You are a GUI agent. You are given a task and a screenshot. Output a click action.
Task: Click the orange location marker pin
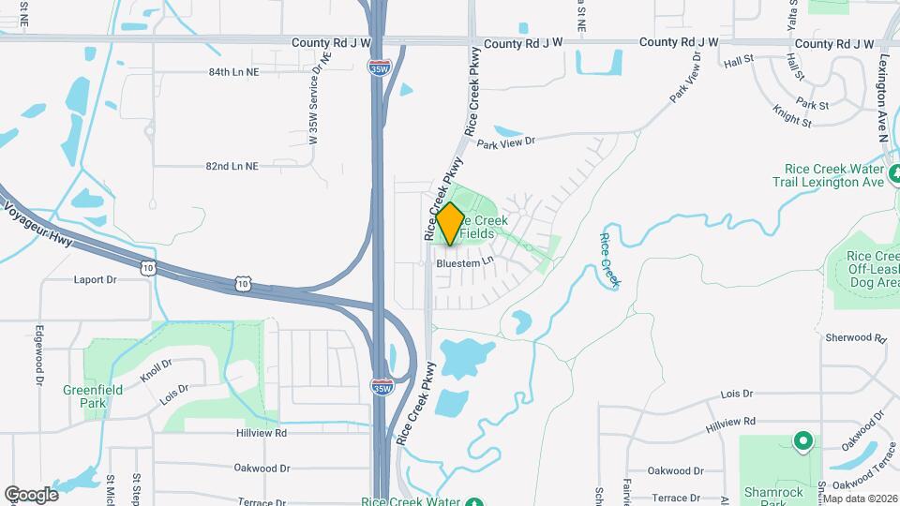click(x=450, y=225)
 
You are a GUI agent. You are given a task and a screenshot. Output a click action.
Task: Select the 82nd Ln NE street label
click(x=232, y=166)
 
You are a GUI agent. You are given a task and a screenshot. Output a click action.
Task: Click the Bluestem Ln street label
click(x=465, y=263)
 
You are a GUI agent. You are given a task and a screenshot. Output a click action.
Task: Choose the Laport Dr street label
click(x=95, y=279)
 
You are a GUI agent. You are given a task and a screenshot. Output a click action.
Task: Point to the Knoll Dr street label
click(x=156, y=370)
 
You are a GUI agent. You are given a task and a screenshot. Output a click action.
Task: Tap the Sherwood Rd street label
click(x=855, y=337)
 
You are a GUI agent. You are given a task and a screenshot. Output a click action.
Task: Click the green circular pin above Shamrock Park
click(x=802, y=439)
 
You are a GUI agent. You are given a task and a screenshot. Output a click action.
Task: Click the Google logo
click(x=31, y=494)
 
